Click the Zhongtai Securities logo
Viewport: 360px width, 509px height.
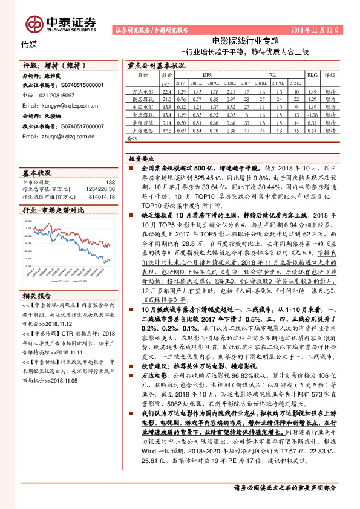[61, 23]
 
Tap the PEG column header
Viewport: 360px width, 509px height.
[312, 76]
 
